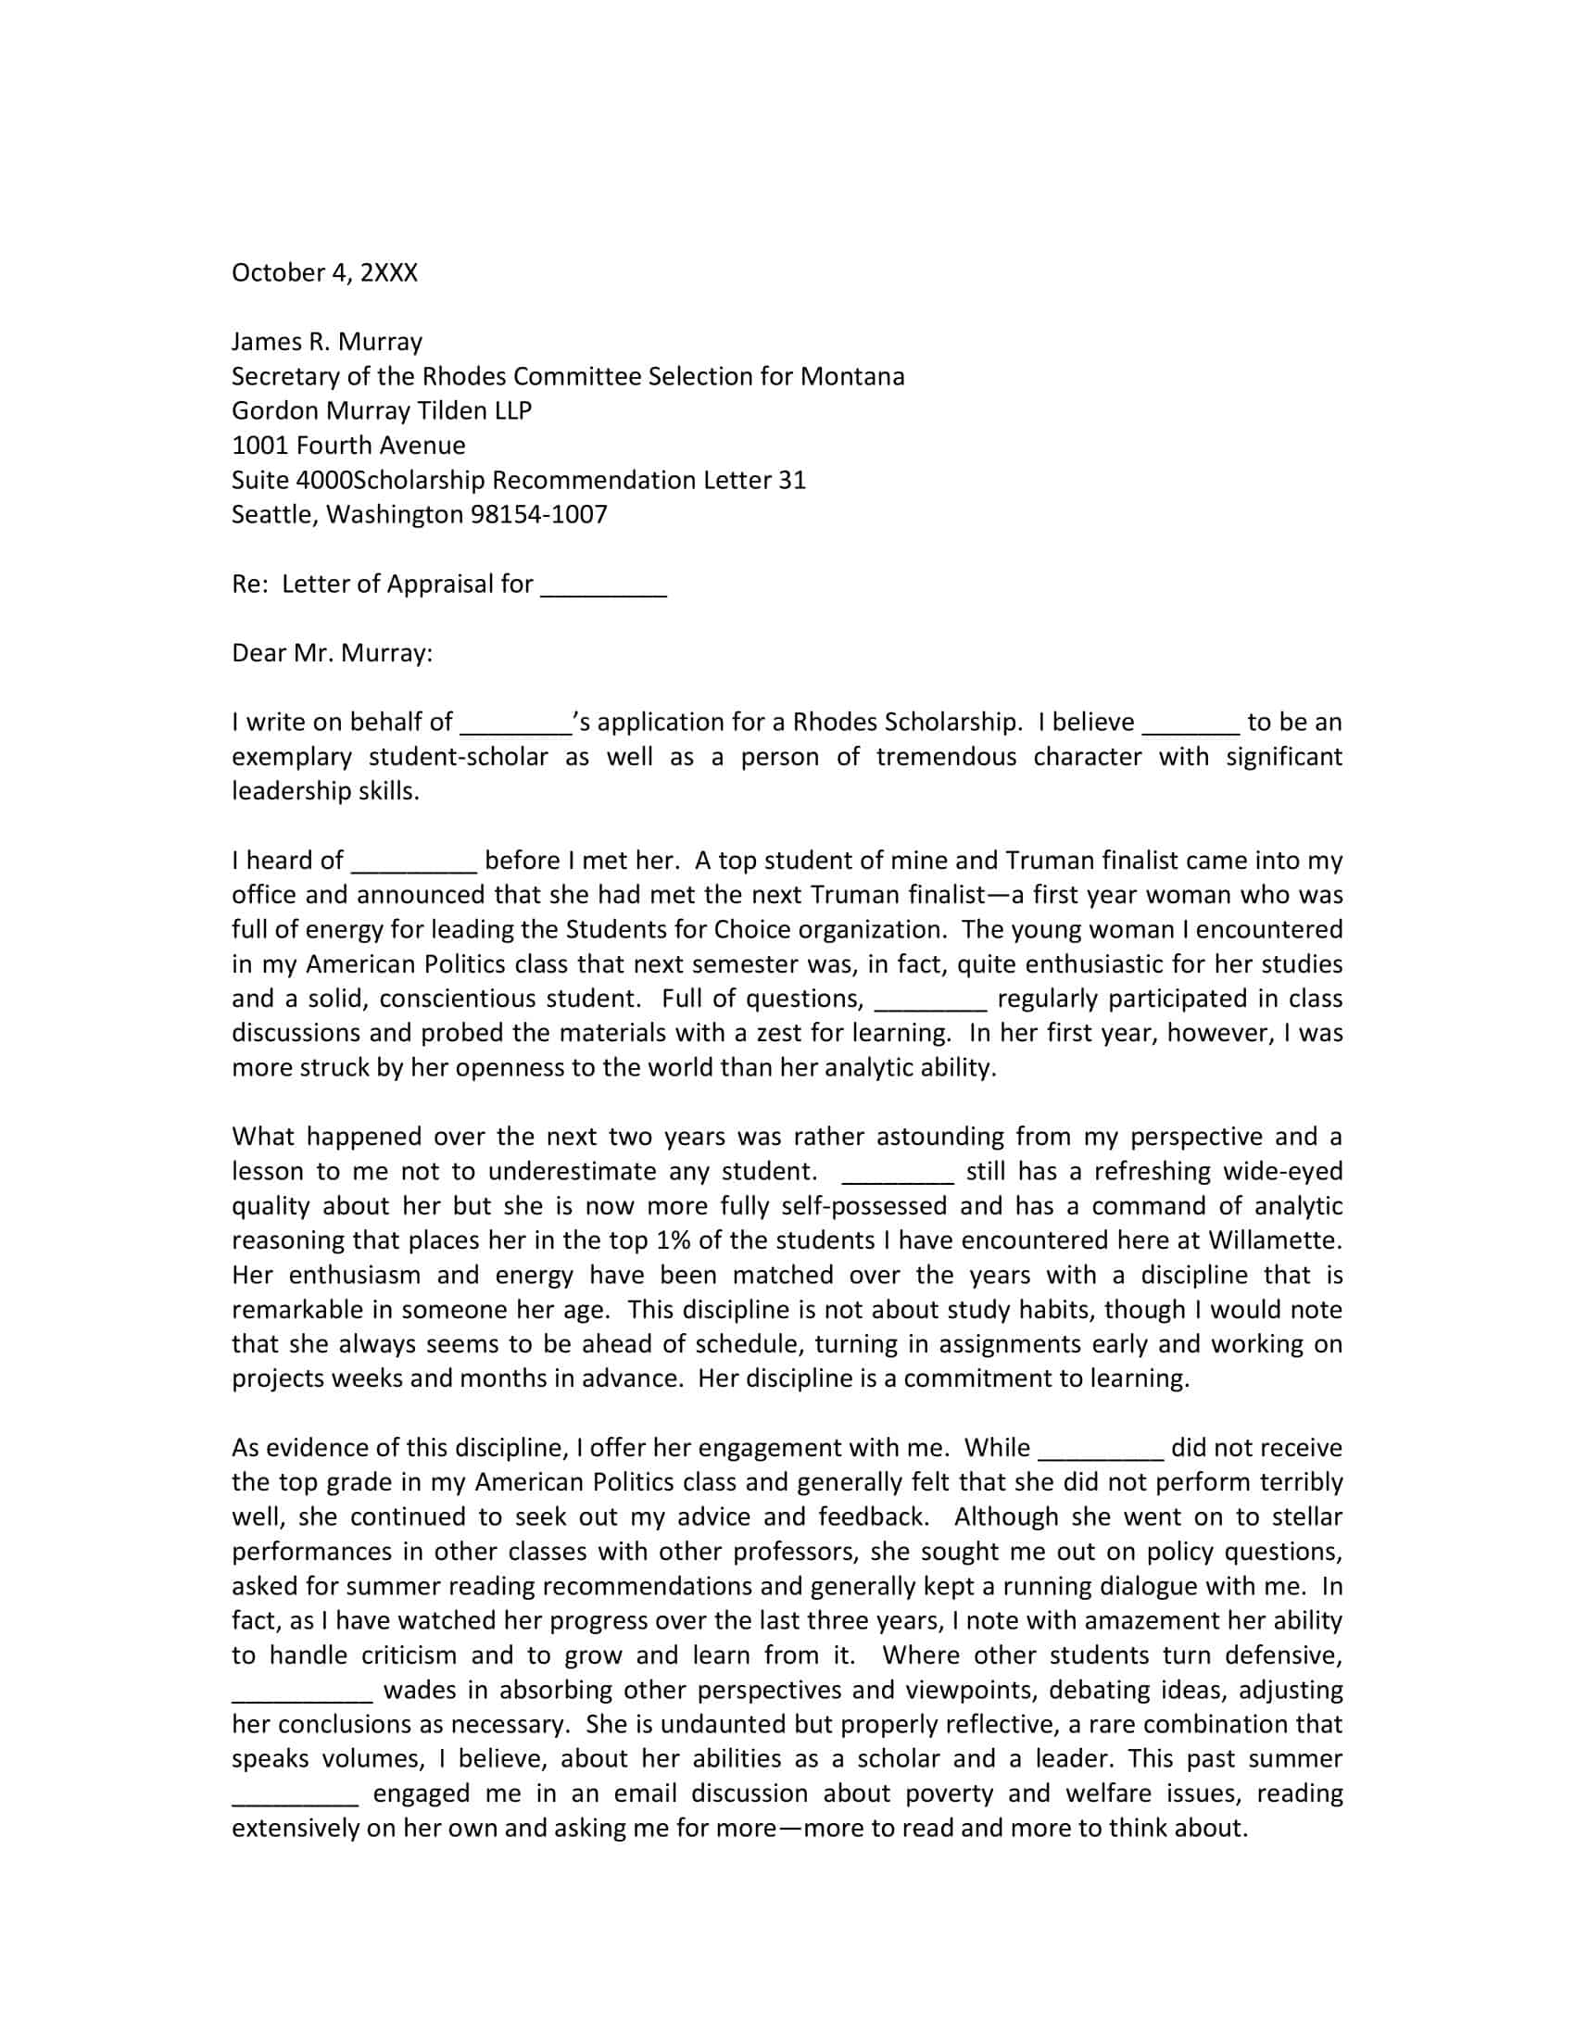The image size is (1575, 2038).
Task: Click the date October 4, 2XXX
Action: (x=323, y=273)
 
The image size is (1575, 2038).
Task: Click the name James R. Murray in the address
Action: (x=326, y=342)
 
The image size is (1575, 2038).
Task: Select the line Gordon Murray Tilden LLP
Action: (x=381, y=411)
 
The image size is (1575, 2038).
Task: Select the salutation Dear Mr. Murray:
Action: (x=333, y=653)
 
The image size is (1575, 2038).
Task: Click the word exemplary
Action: (x=291, y=757)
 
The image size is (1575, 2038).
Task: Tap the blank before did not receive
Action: (x=1100, y=1449)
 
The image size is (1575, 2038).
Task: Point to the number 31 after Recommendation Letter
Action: (x=791, y=481)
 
